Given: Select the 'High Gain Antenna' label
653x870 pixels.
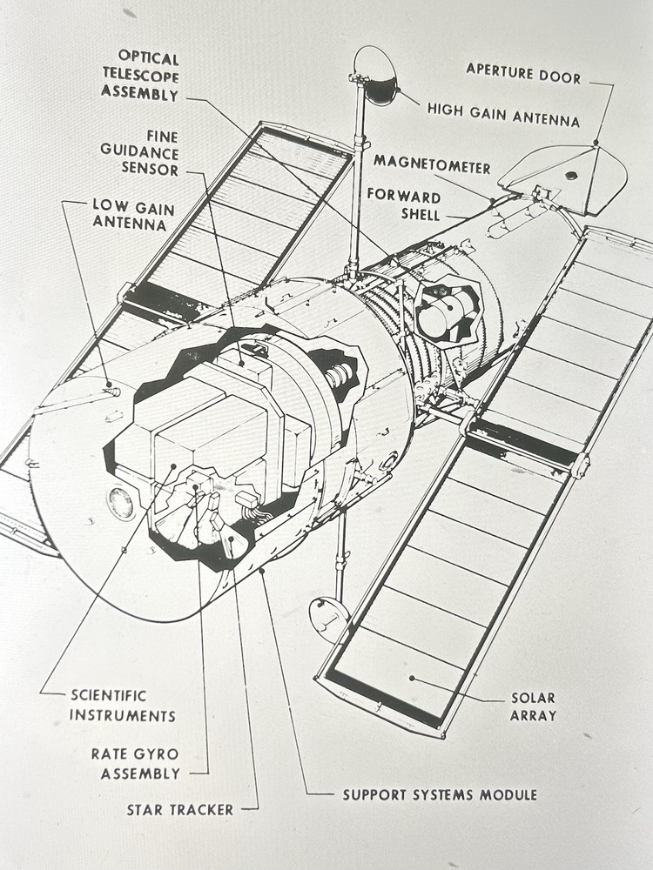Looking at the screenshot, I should [x=502, y=111].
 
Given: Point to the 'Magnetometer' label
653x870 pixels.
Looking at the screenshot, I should [x=432, y=166].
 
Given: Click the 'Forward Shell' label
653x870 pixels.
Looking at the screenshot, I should [x=403, y=205].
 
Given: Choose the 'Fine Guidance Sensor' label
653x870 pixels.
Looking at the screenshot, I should [x=138, y=153].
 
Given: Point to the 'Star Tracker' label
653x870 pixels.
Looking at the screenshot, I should [x=179, y=810].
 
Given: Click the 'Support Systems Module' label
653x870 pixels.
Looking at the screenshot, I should [x=439, y=794].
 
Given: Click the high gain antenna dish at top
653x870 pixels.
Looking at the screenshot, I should [x=376, y=76].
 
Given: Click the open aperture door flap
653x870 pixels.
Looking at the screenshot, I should [x=566, y=176].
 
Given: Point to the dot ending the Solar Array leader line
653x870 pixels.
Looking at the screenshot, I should [x=411, y=678].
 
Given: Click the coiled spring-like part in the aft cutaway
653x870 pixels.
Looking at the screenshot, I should [x=340, y=376].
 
